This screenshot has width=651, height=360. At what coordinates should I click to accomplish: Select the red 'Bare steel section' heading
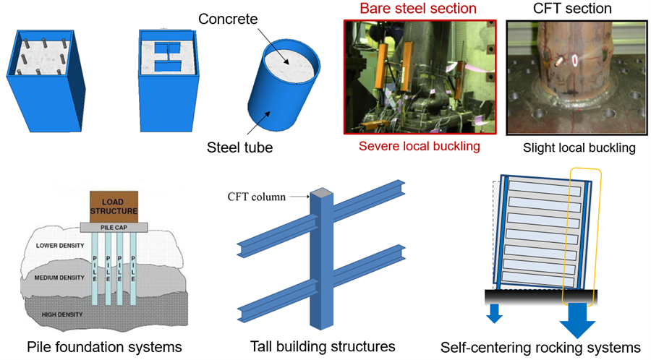(x=409, y=9)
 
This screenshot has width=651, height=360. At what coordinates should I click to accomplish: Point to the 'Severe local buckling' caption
(x=409, y=147)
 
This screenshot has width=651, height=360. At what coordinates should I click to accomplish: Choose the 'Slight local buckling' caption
(x=579, y=148)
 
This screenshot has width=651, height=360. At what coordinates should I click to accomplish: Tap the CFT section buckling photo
(x=576, y=77)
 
